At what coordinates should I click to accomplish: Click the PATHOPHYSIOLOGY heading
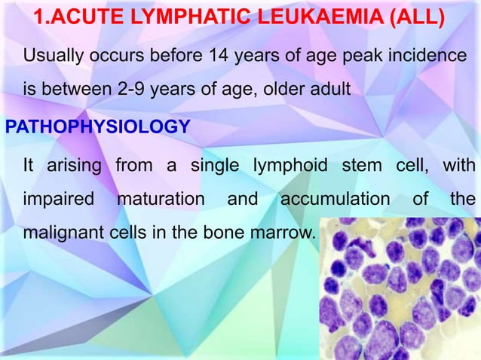click(x=97, y=126)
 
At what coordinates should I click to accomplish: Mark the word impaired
click(x=58, y=200)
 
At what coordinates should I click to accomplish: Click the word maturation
click(x=160, y=200)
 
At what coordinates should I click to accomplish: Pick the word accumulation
click(x=335, y=200)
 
